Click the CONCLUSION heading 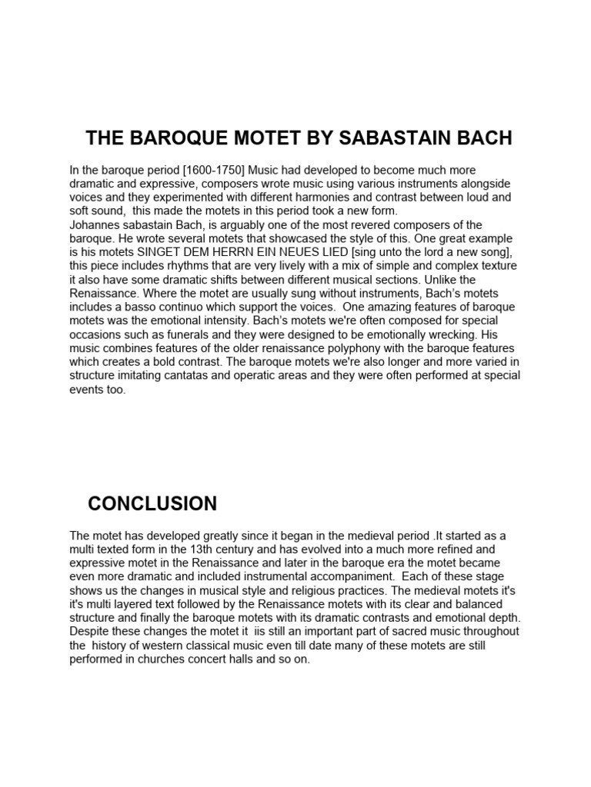pyautogui.click(x=152, y=504)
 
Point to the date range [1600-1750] pyautogui.click(x=192, y=170)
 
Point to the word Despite pyautogui.click(x=89, y=632)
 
